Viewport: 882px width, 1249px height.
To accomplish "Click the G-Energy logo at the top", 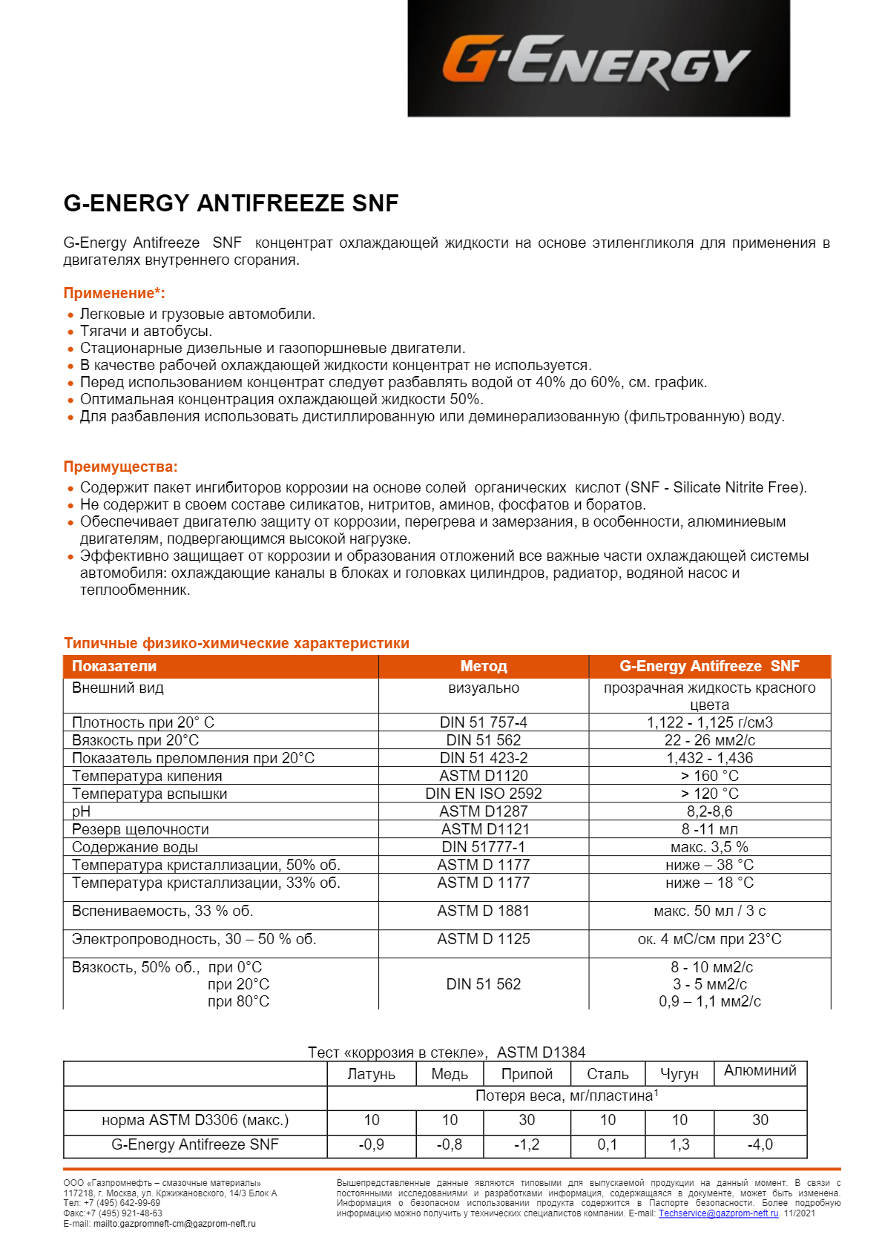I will (598, 59).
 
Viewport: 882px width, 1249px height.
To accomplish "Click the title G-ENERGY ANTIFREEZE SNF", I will (231, 203).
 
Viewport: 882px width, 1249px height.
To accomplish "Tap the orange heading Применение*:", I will (114, 293).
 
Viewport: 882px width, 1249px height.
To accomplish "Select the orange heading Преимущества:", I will (120, 467).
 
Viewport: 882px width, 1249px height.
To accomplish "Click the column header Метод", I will (483, 666).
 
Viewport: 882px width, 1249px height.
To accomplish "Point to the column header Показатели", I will (114, 666).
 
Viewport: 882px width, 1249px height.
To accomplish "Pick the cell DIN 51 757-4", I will (483, 722).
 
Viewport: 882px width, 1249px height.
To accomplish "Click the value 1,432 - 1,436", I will (709, 758).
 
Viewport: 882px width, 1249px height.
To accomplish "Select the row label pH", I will (81, 811).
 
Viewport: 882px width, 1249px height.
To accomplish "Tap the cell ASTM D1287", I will (483, 811).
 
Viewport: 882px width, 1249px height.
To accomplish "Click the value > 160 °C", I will (709, 776).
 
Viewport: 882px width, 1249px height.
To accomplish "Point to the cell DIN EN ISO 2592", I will (483, 794).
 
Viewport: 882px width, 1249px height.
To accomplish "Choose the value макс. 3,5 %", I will (709, 847).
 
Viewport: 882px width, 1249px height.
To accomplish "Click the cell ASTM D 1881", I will (483, 911).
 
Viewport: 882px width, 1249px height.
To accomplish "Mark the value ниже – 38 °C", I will (709, 865).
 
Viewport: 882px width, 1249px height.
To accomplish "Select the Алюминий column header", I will (760, 1070).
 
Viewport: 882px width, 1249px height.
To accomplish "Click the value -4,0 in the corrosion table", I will (760, 1144).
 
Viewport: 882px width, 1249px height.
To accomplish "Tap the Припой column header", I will (527, 1074).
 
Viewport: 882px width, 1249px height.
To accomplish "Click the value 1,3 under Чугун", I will (679, 1144).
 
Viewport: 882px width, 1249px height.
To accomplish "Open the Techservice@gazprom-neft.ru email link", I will (718, 1213).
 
